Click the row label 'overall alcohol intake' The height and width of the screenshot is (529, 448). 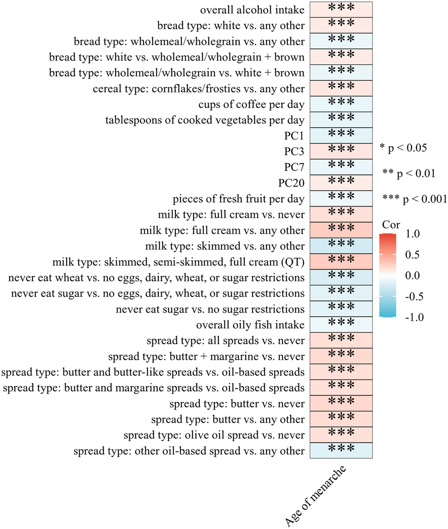pyautogui.click(x=252, y=10)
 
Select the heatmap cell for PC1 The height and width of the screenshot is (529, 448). pyautogui.click(x=341, y=135)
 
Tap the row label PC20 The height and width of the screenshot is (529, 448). pyautogui.click(x=291, y=183)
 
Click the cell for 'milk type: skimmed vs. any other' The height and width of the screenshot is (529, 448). pyautogui.click(x=341, y=245)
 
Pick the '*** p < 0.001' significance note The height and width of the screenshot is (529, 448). pyautogui.click(x=414, y=199)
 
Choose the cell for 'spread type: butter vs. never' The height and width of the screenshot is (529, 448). pyautogui.click(x=341, y=403)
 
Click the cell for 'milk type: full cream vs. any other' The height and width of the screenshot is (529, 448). pyautogui.click(x=341, y=229)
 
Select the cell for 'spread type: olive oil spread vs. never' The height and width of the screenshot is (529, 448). pyautogui.click(x=341, y=434)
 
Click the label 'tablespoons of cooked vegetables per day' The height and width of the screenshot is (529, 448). pyautogui.click(x=205, y=120)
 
